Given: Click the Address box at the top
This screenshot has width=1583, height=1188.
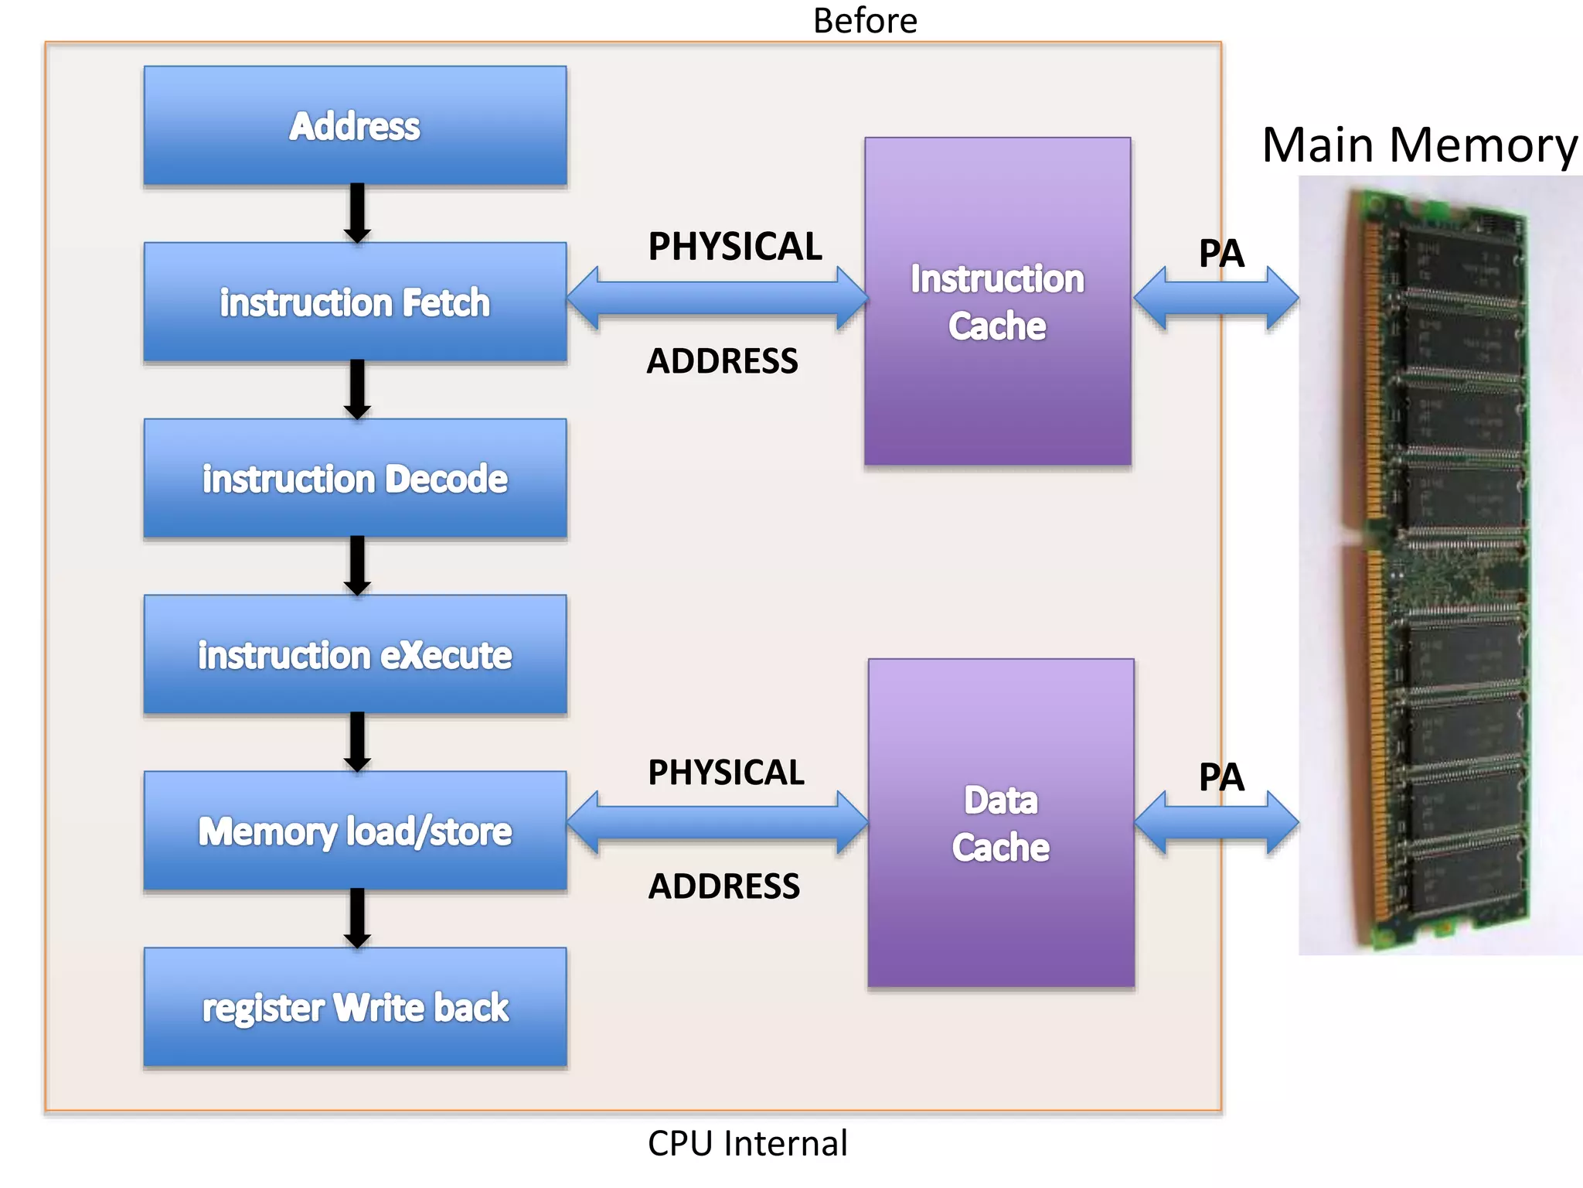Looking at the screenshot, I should [x=355, y=125].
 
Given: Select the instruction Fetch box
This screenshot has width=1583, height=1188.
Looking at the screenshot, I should [x=355, y=302].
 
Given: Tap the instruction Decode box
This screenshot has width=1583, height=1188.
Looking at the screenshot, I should [x=355, y=478].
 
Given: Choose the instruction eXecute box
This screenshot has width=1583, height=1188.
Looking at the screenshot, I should [x=355, y=654].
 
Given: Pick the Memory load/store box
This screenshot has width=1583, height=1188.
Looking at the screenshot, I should [x=355, y=831].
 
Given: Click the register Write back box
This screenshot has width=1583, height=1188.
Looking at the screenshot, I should [x=355, y=1007].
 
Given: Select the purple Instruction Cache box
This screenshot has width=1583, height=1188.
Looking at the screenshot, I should [x=997, y=302].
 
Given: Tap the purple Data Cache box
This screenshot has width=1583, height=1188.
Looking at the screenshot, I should [x=1000, y=823].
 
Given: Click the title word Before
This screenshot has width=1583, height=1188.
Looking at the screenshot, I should [x=865, y=21].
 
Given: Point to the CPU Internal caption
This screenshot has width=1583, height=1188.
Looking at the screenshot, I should [x=747, y=1143].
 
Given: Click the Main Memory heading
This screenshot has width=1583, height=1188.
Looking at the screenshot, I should [x=1419, y=145].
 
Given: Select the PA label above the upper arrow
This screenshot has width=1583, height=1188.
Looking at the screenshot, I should [x=1221, y=253].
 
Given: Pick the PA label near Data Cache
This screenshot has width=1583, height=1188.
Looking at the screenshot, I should [x=1221, y=777].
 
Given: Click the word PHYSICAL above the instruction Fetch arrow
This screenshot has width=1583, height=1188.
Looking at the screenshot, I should [x=734, y=247].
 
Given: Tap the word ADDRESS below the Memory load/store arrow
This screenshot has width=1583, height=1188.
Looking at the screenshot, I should [x=723, y=886].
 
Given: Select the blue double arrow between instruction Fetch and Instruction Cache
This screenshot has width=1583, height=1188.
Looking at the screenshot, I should [x=717, y=299].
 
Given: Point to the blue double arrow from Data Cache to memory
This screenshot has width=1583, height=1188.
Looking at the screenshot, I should [x=1217, y=823].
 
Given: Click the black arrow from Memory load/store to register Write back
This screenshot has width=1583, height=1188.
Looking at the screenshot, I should [x=357, y=917].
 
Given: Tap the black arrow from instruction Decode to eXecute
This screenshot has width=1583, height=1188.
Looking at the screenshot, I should [x=357, y=565].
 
